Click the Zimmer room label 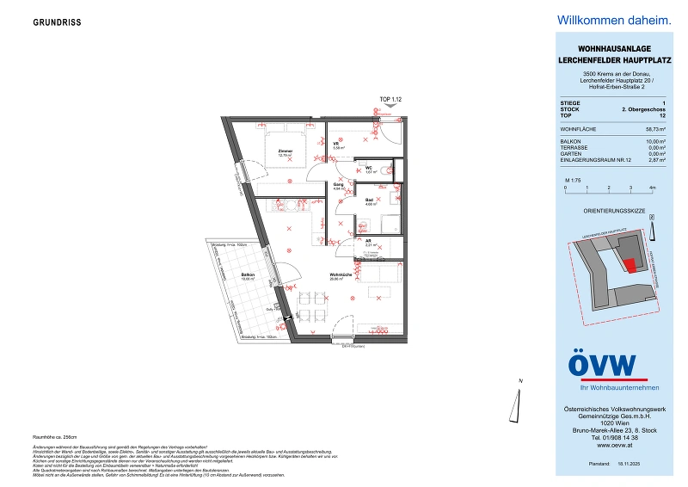click(x=285, y=151)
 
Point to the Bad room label click(x=369, y=200)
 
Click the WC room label click(x=368, y=168)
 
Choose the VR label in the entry click(x=337, y=145)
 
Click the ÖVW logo click(x=603, y=366)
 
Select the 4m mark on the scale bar click(x=652, y=186)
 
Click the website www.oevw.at click(x=611, y=445)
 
